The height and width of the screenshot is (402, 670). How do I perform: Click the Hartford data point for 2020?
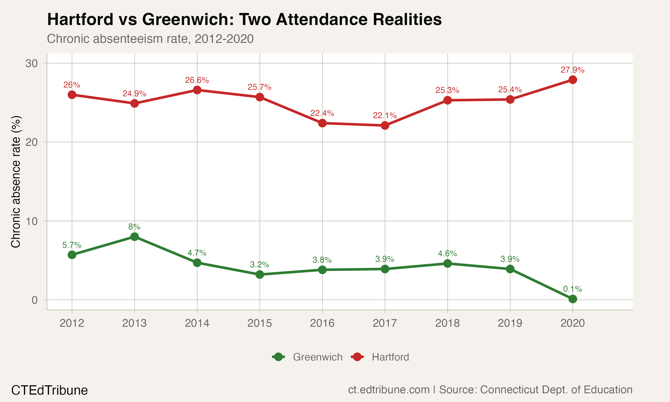coord(572,80)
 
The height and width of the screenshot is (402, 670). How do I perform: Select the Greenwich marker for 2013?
coord(134,237)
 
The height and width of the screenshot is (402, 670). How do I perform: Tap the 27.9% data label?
coord(572,70)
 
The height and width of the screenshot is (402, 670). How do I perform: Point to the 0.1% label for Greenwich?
coord(572,289)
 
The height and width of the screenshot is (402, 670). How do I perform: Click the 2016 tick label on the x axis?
coord(322,323)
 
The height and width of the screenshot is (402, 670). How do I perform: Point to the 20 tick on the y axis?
coord(31,142)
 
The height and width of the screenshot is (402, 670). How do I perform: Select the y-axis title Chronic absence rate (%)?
coord(16,182)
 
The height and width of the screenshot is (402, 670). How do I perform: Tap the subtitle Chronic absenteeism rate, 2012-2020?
coord(150,39)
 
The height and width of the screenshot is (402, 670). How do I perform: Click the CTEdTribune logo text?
coord(49,390)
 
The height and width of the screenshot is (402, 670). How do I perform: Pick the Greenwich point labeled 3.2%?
coord(260,274)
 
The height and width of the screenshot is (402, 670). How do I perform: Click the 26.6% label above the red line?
coord(197,80)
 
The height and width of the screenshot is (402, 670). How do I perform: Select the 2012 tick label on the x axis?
coord(72,323)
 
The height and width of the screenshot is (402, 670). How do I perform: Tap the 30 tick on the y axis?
coord(31,63)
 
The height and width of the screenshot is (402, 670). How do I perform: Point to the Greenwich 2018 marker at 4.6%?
coord(447,263)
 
